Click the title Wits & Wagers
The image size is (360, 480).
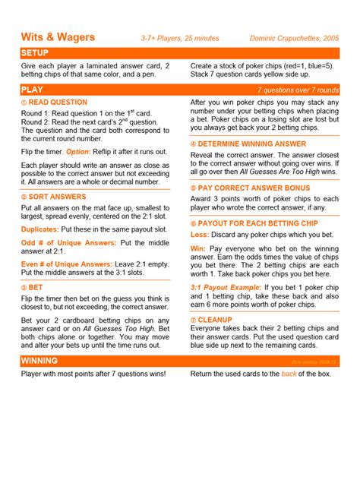click(58, 36)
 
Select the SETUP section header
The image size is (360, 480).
click(36, 52)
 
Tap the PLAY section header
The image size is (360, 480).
click(32, 90)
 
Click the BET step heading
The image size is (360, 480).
click(36, 289)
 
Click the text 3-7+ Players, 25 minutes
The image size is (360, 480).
click(180, 38)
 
